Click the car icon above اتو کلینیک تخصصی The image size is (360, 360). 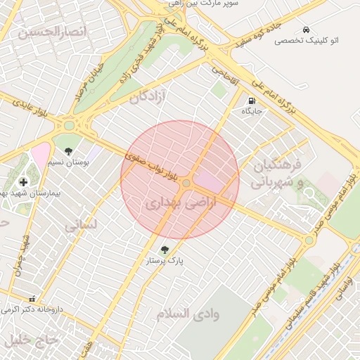point(306,30)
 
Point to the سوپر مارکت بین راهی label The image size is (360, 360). point(212,4)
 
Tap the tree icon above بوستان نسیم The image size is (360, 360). point(68,151)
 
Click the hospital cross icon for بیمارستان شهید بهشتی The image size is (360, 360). point(23,181)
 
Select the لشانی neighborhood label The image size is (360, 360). point(82,226)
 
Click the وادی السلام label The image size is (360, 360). point(188,314)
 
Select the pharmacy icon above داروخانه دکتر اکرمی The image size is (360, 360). point(31,298)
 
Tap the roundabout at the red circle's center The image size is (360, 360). point(186,184)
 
